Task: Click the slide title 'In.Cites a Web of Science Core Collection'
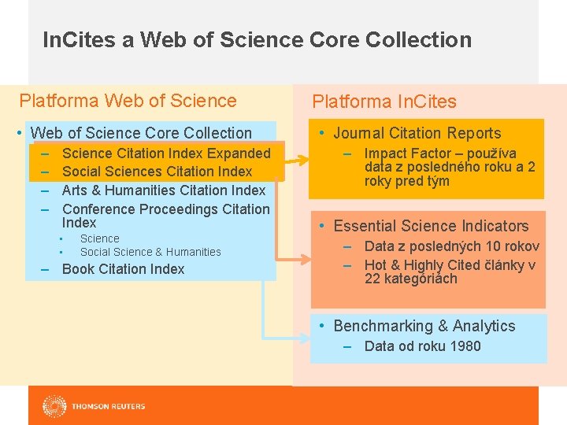pyautogui.click(x=257, y=39)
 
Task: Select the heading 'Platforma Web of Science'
pyautogui.click(x=128, y=101)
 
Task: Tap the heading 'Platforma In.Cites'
pyautogui.click(x=384, y=102)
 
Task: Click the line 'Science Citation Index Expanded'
pyautogui.click(x=165, y=153)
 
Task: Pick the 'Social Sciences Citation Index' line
pyautogui.click(x=157, y=172)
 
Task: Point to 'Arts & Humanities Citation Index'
pyautogui.click(x=164, y=190)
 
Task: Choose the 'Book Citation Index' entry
pyautogui.click(x=123, y=269)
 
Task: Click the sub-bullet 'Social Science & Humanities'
pyautogui.click(x=150, y=252)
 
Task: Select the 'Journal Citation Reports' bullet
pyautogui.click(x=417, y=134)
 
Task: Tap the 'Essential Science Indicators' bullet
pyautogui.click(x=431, y=227)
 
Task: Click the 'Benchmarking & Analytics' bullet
pyautogui.click(x=424, y=326)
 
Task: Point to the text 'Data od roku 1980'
pyautogui.click(x=422, y=346)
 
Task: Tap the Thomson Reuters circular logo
pyautogui.click(x=54, y=406)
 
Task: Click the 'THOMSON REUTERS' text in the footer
pyautogui.click(x=108, y=407)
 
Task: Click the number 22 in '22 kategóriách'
pyautogui.click(x=372, y=279)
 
